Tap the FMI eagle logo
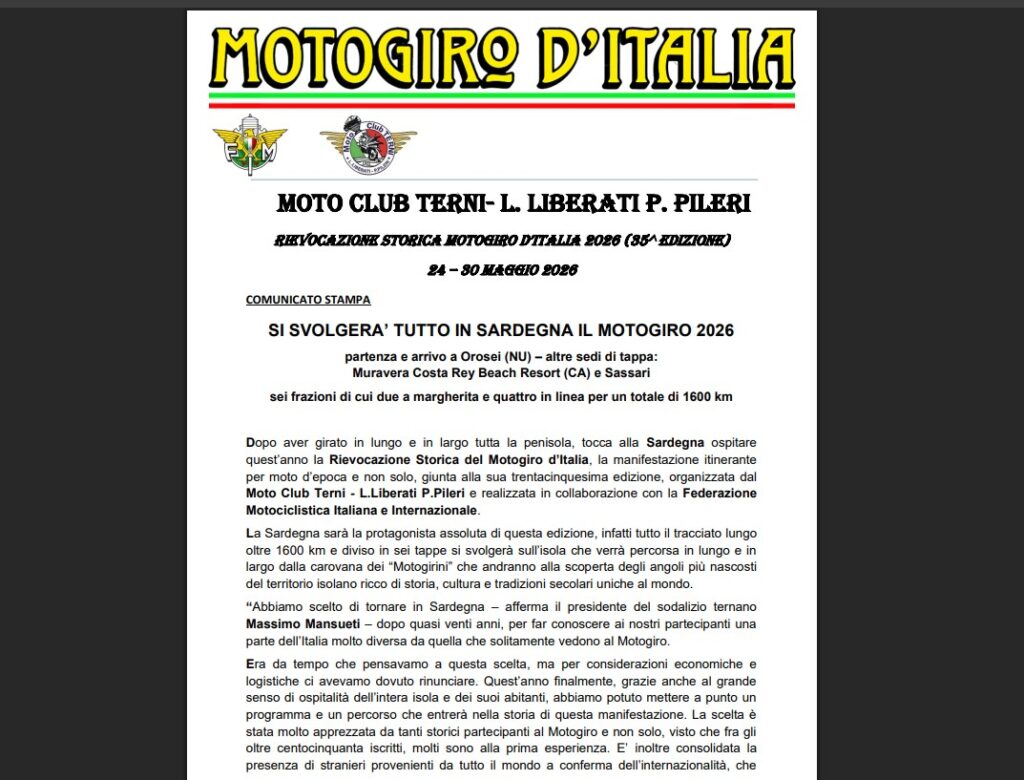tap(249, 146)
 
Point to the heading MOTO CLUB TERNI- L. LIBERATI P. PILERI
tap(513, 204)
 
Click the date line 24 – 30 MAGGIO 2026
tap(502, 270)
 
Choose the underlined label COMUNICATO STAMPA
tap(308, 299)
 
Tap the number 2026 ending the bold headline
tap(713, 331)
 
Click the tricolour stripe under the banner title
tap(501, 99)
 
